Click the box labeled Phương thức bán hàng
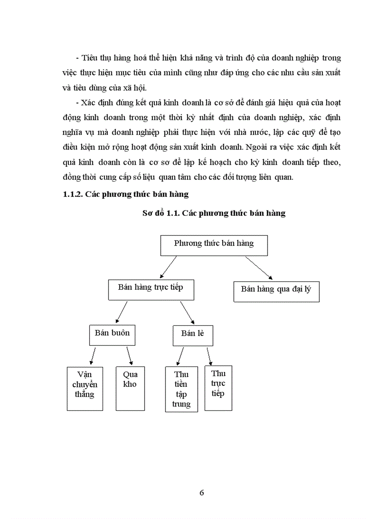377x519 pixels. point(214,245)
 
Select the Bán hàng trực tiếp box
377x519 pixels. point(150,290)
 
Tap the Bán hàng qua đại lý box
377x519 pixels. point(276,292)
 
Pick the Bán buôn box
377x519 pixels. point(112,335)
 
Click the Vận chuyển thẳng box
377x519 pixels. point(85,389)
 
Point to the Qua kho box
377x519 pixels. point(130,389)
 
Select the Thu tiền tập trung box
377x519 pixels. point(182,389)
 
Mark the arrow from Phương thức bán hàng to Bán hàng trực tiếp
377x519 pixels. point(168,267)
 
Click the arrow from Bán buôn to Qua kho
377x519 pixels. point(129,355)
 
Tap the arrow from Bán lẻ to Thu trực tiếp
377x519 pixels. point(209,356)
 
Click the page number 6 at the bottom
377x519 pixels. point(201,492)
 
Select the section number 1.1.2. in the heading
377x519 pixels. point(74,194)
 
